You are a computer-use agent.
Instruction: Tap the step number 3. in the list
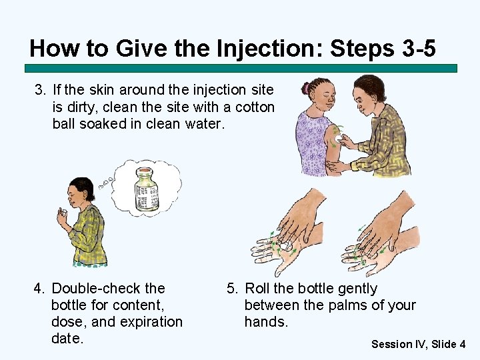click(40, 89)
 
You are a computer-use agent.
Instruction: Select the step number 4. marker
click(40, 289)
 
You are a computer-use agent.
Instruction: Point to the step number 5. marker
click(232, 289)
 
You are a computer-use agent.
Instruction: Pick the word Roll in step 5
click(257, 289)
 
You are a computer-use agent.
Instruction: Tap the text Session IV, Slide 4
click(418, 344)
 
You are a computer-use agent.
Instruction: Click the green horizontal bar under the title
click(241, 68)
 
